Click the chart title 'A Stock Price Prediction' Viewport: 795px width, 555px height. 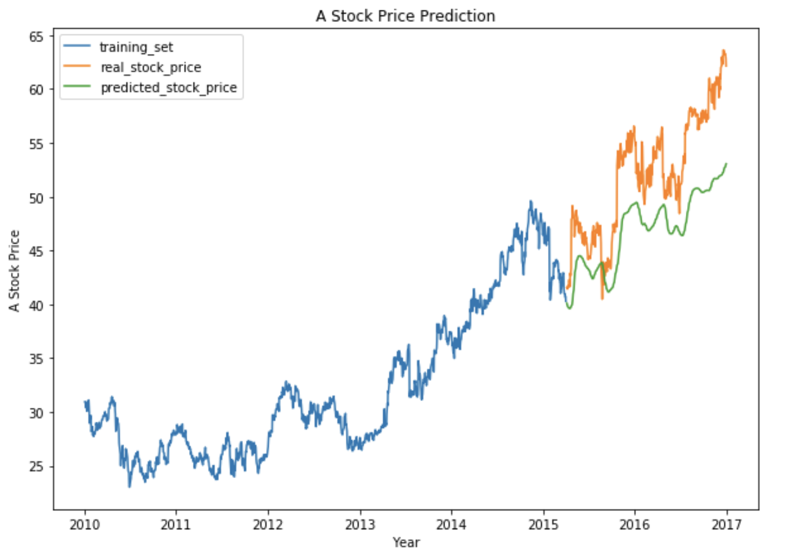pos(405,16)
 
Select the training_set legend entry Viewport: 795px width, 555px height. pos(136,47)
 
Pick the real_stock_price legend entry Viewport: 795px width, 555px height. pos(150,67)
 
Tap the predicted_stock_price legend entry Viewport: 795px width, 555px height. pos(168,87)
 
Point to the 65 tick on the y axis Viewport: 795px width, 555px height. pos(36,37)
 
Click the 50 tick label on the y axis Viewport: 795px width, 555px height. pos(36,198)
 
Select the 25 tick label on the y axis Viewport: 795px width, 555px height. pos(36,467)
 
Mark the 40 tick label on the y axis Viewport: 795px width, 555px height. pos(36,305)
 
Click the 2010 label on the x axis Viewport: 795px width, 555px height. pos(84,525)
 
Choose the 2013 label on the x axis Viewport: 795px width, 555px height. pos(360,525)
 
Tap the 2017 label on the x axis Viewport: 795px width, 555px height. pos(727,525)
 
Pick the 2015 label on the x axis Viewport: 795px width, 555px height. pos(543,525)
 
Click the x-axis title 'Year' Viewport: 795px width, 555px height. pos(406,542)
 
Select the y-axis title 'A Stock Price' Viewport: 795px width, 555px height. pos(14,271)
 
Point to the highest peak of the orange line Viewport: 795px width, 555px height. pos(724,51)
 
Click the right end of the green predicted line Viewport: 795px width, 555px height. pos(727,164)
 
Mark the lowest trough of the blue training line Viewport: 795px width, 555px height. pos(129,487)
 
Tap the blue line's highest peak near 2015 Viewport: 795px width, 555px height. pos(530,202)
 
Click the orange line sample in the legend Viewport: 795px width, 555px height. pos(76,67)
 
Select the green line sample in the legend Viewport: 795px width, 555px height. pos(76,87)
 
